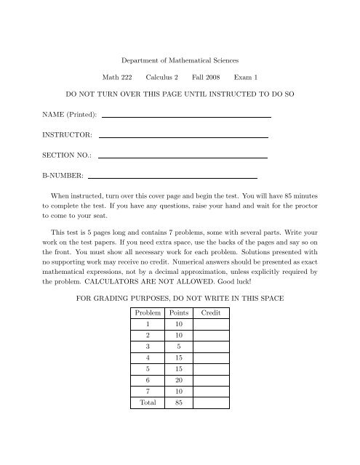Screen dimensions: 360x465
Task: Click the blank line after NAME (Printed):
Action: [x=186, y=116]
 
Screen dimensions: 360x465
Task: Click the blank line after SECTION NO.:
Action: [x=182, y=155]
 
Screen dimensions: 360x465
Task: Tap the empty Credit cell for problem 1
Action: [x=210, y=325]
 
